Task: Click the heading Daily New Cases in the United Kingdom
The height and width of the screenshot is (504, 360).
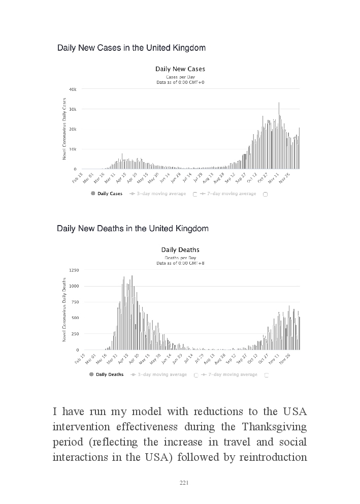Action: pos(131,48)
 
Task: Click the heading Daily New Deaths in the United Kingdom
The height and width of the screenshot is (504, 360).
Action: pos(133,229)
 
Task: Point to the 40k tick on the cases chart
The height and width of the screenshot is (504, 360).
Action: pos(73,89)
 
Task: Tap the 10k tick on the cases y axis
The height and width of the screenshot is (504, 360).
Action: pos(73,149)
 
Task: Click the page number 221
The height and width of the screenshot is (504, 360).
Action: pos(184,483)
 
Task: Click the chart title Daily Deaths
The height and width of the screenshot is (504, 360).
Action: pos(180,249)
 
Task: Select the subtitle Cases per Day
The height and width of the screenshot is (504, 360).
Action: pos(180,77)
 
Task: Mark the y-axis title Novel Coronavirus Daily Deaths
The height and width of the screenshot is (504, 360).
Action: pos(64,309)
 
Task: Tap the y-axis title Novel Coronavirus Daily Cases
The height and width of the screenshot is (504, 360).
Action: pos(64,129)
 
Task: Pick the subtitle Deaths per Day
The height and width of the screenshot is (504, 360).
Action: pos(180,258)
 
